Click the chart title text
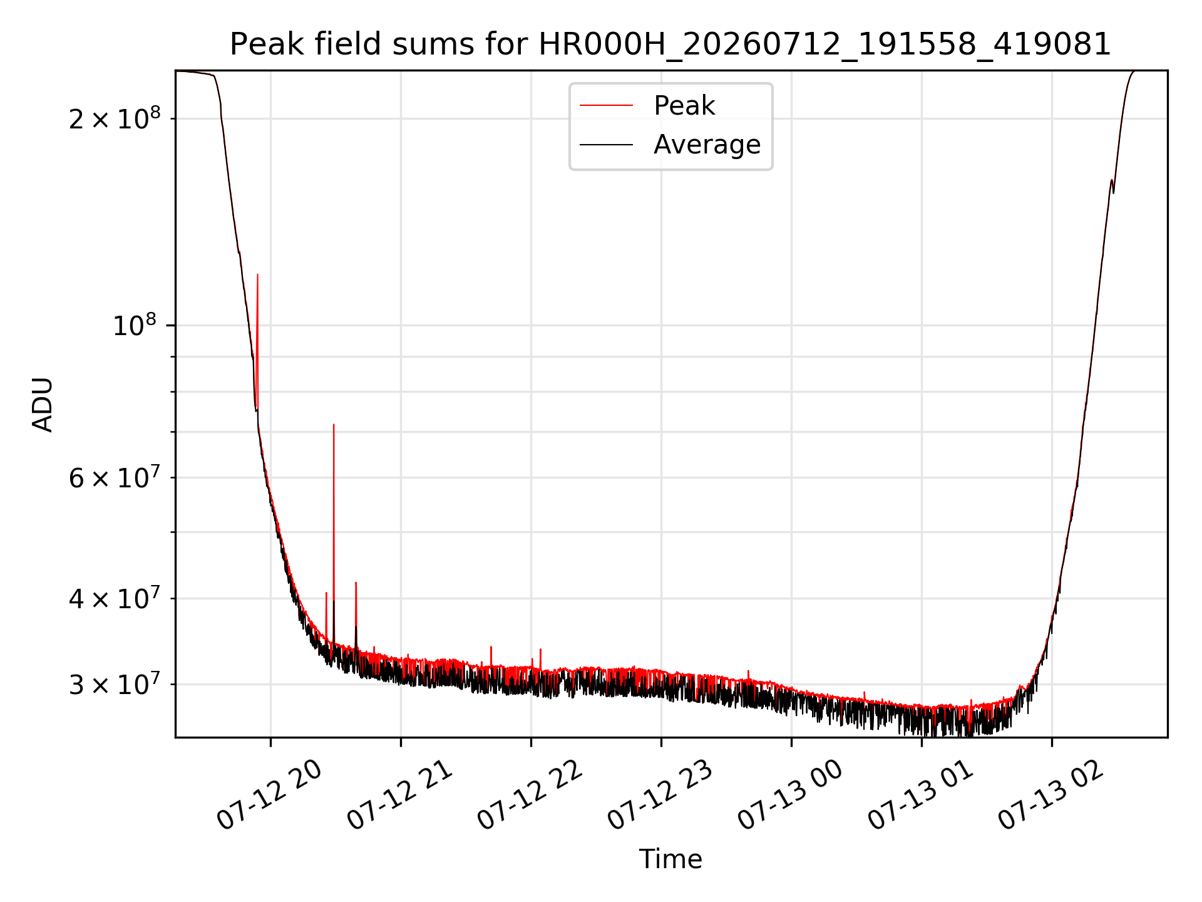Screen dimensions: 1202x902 670,44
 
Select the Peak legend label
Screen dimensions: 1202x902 684,105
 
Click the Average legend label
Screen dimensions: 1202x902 707,145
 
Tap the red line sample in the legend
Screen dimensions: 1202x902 606,105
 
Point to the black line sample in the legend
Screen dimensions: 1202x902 606,145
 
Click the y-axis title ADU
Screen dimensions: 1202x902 43,404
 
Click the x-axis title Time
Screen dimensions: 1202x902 670,859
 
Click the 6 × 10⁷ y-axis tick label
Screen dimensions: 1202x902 115,477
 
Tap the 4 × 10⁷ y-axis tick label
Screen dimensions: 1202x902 115,598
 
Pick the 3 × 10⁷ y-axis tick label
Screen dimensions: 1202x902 115,683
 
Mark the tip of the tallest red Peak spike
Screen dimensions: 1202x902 257,274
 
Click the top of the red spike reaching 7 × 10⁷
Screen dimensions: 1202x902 334,425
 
